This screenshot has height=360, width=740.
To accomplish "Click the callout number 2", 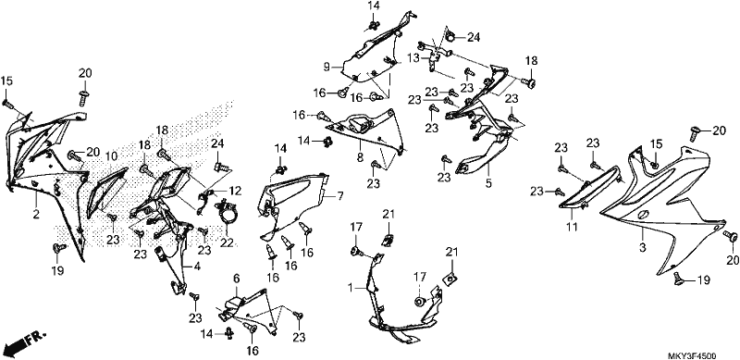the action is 36,215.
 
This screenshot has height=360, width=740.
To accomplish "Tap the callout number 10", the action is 111,156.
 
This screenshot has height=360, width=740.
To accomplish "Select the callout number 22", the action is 227,242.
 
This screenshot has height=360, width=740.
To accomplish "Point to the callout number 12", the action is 235,191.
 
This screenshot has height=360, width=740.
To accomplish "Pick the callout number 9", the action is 237,279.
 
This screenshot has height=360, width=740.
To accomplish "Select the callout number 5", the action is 360,158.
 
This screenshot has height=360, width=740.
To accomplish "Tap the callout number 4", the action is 197,267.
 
